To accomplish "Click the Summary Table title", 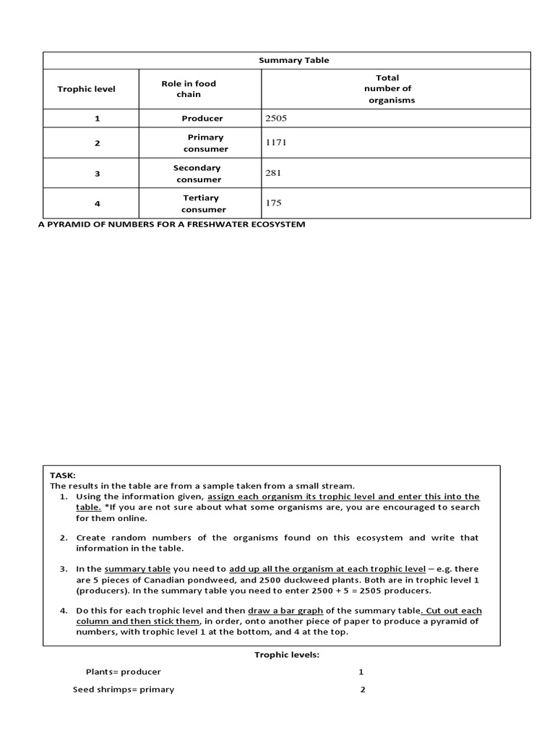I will point(293,60).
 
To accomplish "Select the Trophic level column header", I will point(86,89).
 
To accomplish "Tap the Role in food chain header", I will point(189,89).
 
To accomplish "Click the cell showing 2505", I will point(277,118).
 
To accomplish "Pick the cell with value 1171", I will point(277,143).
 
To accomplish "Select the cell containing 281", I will point(274,173).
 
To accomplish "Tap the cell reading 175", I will point(274,203).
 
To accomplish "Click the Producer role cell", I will point(202,118).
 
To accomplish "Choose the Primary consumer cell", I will point(205,143).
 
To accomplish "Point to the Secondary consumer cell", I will point(197,173).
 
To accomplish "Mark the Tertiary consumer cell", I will point(200,203).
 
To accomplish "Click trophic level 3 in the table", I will point(97,174).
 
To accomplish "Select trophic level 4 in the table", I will point(97,204).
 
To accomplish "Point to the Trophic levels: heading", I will point(286,654).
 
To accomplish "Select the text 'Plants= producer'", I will point(123,672).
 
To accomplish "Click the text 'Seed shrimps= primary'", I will point(124,690).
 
